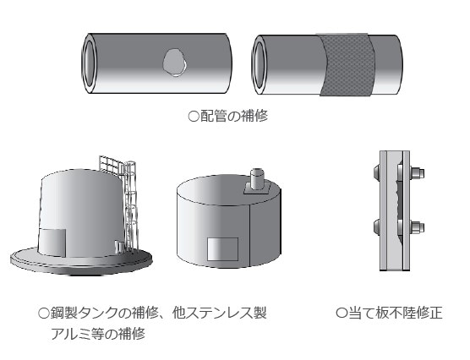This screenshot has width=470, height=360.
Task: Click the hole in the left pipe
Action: click(x=174, y=61)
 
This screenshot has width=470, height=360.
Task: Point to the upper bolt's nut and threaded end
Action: click(x=414, y=175)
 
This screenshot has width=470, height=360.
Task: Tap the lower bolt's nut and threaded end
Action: click(x=414, y=227)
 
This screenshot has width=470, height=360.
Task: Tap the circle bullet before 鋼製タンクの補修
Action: click(x=44, y=314)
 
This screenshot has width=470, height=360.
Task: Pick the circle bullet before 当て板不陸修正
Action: click(x=342, y=314)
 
